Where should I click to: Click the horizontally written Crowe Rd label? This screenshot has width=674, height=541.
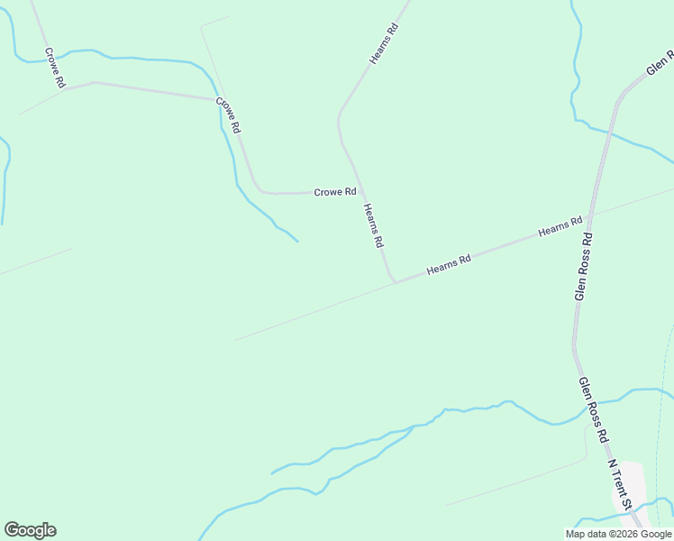click(335, 192)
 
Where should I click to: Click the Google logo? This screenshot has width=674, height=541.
click(30, 530)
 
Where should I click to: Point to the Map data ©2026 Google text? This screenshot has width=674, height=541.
click(619, 534)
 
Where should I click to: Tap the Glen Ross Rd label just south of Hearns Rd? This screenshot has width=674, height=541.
click(584, 267)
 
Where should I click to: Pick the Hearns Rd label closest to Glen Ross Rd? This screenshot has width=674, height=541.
click(560, 226)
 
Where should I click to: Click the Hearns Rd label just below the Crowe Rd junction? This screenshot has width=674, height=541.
click(374, 225)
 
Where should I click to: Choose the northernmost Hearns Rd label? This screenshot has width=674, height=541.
click(384, 43)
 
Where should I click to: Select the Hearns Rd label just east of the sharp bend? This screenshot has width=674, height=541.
click(449, 265)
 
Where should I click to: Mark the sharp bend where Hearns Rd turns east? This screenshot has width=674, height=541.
click(394, 280)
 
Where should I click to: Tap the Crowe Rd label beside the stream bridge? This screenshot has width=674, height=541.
click(229, 115)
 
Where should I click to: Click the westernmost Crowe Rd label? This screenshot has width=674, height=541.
click(54, 69)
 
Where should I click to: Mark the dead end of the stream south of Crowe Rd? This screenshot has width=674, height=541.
click(297, 241)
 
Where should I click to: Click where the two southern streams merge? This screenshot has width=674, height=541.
click(413, 426)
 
